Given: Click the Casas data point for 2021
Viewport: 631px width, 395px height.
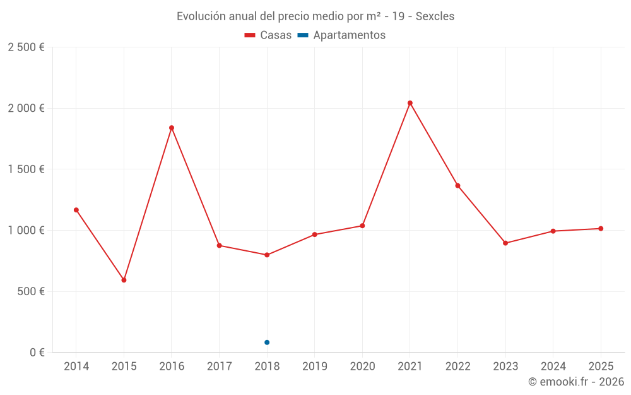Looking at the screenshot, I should coord(410,103).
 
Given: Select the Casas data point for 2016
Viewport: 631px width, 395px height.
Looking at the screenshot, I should coord(172,128).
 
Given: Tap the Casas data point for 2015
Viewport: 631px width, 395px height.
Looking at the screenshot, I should coord(124,280).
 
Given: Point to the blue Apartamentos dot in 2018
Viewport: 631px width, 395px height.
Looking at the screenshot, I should coord(267,343).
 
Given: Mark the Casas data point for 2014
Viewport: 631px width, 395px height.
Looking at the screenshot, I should coord(76,210).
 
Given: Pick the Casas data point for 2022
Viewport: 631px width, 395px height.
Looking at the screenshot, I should coord(457,186).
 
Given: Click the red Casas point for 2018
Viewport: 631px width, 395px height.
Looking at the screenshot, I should coord(267,255).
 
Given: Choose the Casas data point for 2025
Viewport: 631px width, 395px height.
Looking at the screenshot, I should coord(601,229).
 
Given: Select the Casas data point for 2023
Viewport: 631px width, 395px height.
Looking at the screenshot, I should coord(505,243).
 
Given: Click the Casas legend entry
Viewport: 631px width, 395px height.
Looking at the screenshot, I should coord(268,35).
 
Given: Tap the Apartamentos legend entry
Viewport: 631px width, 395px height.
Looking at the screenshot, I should coord(341,35).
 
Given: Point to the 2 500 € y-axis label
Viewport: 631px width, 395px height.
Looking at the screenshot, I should coord(26,47).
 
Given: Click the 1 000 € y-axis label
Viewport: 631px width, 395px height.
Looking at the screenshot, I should coord(26,231).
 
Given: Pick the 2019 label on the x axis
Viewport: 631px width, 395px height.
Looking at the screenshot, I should coord(315,367).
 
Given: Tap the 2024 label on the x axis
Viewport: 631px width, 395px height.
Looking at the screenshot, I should coord(553,367).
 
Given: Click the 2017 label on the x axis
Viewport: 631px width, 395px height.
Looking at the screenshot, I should coord(219,367).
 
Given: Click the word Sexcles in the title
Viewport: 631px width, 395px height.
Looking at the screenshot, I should coord(435,16).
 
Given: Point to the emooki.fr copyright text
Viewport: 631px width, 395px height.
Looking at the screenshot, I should coord(576,382).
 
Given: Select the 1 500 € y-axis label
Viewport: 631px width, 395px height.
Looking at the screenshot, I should coord(26,169).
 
